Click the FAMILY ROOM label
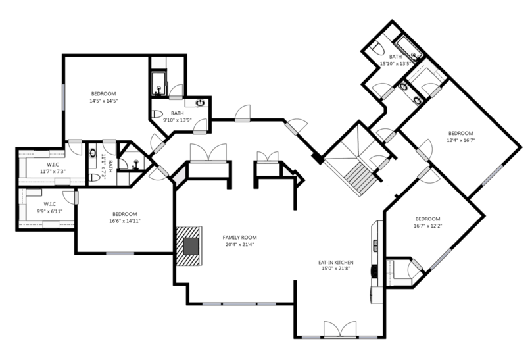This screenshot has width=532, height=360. pyautogui.click(x=239, y=238)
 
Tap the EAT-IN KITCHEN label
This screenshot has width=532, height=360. pyautogui.click(x=335, y=263)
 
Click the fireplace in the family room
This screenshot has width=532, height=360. pyautogui.click(x=189, y=246)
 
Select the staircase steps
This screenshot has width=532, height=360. pyautogui.click(x=361, y=178)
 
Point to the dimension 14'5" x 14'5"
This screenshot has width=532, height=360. pyautogui.click(x=103, y=101)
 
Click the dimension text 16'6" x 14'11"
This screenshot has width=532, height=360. pyautogui.click(x=125, y=221)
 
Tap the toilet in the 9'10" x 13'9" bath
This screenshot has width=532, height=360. pyautogui.click(x=157, y=114)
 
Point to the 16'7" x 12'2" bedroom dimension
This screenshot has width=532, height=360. pyautogui.click(x=427, y=226)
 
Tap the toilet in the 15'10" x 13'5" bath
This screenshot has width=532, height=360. pyautogui.click(x=376, y=47)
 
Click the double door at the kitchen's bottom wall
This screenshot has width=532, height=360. pyautogui.click(x=340, y=330)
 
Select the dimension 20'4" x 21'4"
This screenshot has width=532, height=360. pyautogui.click(x=239, y=245)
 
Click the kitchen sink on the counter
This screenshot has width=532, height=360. pyautogui.click(x=375, y=245)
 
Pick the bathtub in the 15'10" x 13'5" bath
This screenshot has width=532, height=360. pyautogui.click(x=409, y=48)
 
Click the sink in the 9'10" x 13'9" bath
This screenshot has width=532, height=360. pyautogui.click(x=200, y=103)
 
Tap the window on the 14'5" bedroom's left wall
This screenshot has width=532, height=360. pyautogui.click(x=63, y=97)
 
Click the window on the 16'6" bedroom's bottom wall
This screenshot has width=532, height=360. pyautogui.click(x=120, y=253)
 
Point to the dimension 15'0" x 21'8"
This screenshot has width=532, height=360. pyautogui.click(x=335, y=269)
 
